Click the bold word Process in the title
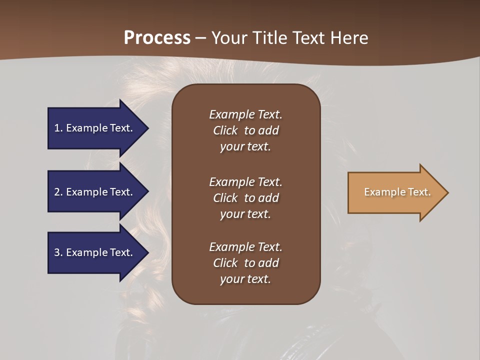click(157, 38)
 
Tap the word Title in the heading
click(267, 38)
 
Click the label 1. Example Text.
click(93, 128)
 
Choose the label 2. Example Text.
click(93, 192)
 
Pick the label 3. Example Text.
click(93, 252)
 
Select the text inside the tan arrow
click(397, 192)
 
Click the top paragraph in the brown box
click(245, 130)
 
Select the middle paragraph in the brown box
click(245, 198)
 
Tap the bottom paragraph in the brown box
click(245, 263)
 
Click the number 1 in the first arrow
click(57, 128)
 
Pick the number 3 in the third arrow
click(57, 252)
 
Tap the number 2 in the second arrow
click(57, 192)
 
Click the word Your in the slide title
click(229, 38)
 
